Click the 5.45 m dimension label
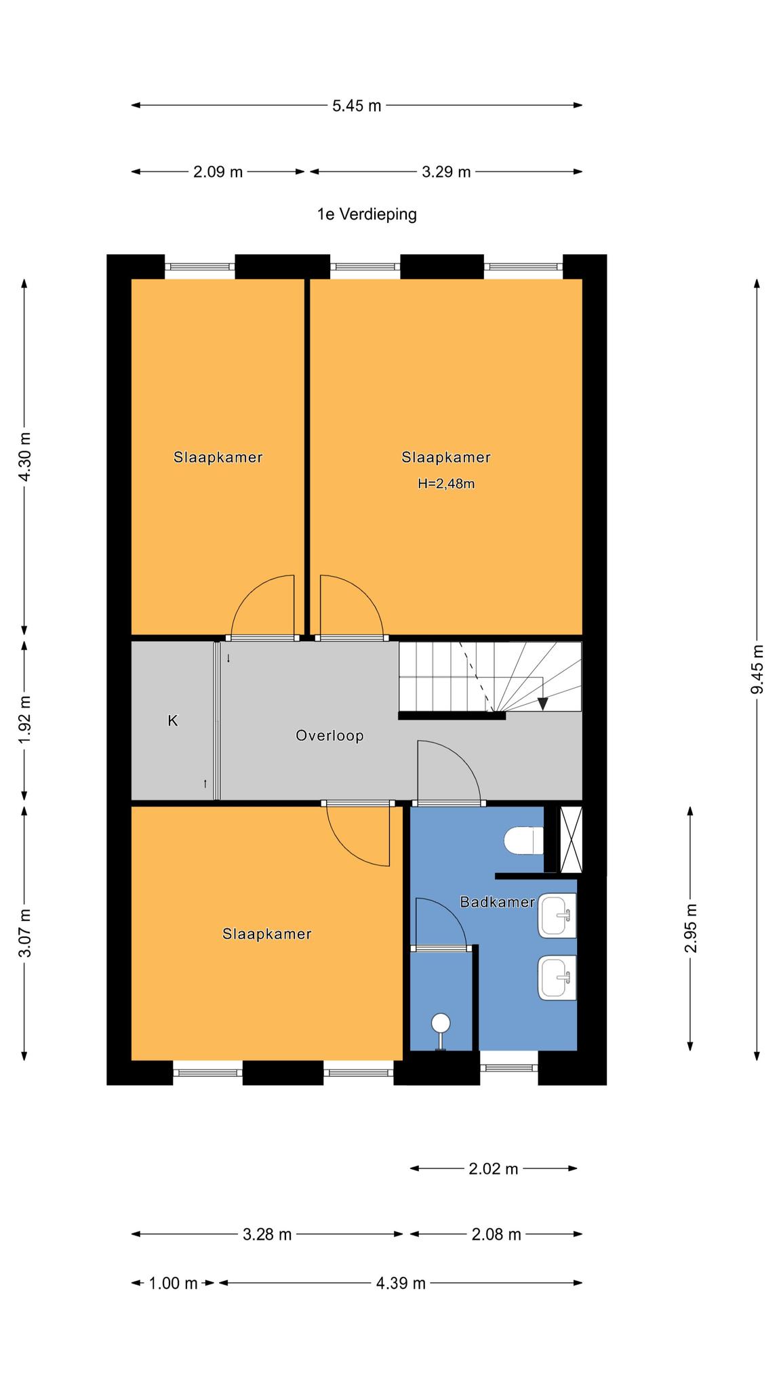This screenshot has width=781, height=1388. point(357,106)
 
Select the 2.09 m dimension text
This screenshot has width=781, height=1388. point(218,172)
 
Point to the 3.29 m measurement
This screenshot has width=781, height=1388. point(446,172)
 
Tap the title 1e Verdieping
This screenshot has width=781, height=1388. point(367,214)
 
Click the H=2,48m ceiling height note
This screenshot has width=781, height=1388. point(446,484)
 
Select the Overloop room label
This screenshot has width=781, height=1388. point(329,735)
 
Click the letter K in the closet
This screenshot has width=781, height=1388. point(173,720)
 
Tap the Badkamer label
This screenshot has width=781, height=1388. point(497,902)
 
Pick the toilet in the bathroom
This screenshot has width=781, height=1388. point(524,841)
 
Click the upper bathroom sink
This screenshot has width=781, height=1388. point(557,916)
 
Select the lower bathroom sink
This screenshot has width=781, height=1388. point(557,978)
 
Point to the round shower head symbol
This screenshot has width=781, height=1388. point(441,1022)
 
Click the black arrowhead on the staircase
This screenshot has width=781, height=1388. point(542,703)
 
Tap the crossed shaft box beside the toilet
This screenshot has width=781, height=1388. point(571,839)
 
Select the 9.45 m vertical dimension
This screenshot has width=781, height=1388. point(757,669)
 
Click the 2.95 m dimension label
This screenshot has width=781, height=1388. point(691,928)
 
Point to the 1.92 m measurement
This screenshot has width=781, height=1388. point(24,719)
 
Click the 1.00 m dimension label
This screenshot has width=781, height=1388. point(173,1283)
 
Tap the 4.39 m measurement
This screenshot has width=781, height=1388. point(401,1283)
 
